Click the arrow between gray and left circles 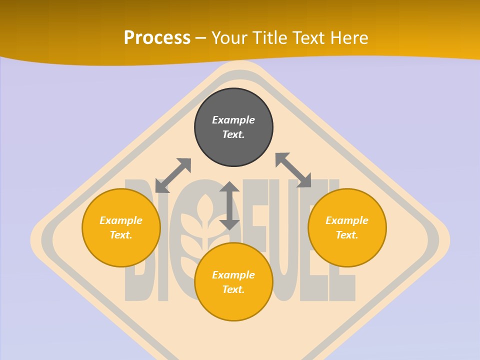173,175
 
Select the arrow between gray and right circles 293,170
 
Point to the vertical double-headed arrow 229,205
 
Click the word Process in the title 157,37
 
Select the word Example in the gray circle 233,120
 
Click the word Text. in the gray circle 233,134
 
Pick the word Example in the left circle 121,220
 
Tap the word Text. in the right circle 347,235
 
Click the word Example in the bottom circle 233,275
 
